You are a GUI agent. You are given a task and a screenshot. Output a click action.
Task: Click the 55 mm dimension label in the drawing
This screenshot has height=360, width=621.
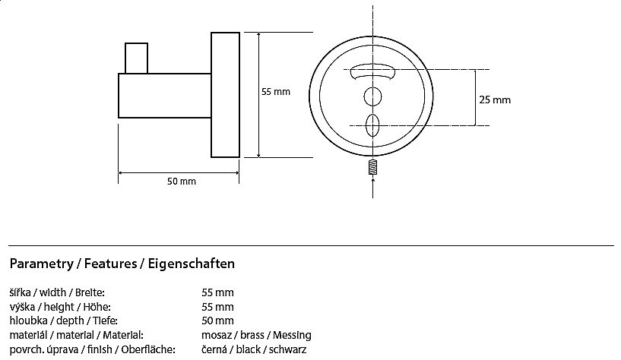(x=276, y=92)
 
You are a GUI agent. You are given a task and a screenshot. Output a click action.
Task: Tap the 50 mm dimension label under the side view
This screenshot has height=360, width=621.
(x=182, y=182)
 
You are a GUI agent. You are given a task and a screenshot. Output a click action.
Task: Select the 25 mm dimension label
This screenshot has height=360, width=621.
(x=495, y=99)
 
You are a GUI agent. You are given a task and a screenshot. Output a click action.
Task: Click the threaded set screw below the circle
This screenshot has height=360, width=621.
(x=372, y=167)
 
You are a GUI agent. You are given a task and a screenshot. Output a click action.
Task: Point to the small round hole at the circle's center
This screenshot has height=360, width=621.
(x=372, y=96)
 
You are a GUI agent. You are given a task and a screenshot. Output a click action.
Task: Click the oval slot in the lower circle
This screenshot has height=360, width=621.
(x=372, y=125)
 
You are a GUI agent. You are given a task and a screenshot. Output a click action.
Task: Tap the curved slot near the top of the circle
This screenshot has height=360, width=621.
(x=372, y=71)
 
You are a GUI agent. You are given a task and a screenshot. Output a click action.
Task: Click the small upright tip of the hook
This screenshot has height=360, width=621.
(x=136, y=58)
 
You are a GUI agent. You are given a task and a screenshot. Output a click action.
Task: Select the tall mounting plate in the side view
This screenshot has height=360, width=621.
(x=225, y=95)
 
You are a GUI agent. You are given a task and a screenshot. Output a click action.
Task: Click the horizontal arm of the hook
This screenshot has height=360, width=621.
(x=165, y=96)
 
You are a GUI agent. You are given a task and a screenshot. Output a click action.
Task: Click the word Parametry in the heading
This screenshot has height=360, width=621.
(x=42, y=264)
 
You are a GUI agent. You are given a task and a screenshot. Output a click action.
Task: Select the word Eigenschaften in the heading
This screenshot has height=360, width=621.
(x=192, y=264)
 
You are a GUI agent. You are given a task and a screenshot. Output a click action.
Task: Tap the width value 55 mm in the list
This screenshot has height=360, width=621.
(x=217, y=292)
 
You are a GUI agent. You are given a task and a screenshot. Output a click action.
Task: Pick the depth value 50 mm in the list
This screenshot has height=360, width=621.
(x=217, y=321)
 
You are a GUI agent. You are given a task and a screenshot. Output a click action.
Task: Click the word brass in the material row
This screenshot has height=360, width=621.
(x=252, y=336)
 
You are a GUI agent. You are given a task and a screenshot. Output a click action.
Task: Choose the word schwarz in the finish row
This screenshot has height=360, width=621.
(x=287, y=349)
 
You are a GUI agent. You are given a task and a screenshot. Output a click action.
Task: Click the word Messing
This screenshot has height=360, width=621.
(x=292, y=336)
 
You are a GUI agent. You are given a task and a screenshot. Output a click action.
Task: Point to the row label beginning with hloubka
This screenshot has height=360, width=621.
(x=63, y=321)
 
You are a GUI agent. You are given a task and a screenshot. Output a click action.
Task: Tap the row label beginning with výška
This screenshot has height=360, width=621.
(x=60, y=307)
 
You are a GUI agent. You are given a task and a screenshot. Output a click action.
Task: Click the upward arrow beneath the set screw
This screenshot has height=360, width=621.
(x=372, y=188)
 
